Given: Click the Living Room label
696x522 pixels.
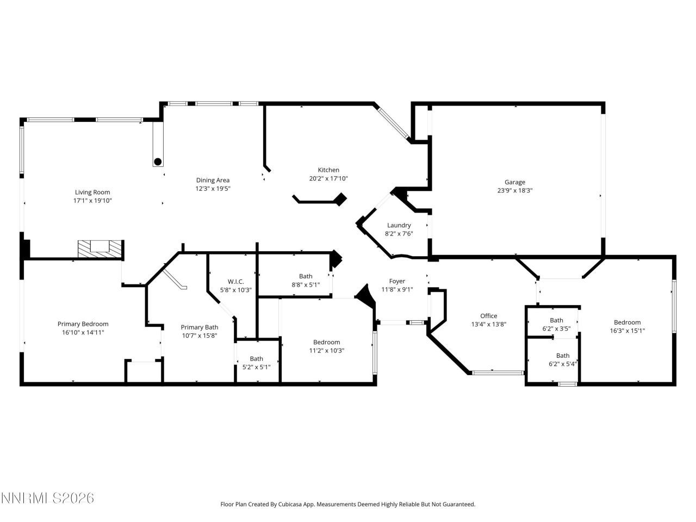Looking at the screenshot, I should point(92,192).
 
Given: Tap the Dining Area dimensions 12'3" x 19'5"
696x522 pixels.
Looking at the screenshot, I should point(213,189).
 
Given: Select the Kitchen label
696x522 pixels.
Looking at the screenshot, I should point(328,170).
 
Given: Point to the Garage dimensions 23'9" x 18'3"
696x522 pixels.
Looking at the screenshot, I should point(514,191).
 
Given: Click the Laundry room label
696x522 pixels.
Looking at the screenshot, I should point(399,225).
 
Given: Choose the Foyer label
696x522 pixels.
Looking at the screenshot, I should point(397,281).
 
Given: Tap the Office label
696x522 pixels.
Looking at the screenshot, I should point(488,316).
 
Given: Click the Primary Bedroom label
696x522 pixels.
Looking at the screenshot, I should point(83,324).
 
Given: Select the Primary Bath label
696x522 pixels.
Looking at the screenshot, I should point(199,327).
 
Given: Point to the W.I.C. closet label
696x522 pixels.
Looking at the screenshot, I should point(235,281).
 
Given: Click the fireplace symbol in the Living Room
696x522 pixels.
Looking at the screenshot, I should point(101,249).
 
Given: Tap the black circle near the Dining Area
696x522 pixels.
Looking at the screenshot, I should point(158,161).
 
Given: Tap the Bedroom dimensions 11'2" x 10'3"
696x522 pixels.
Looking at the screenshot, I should point(326,351).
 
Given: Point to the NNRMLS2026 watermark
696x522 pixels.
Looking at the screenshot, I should point(47,498).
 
